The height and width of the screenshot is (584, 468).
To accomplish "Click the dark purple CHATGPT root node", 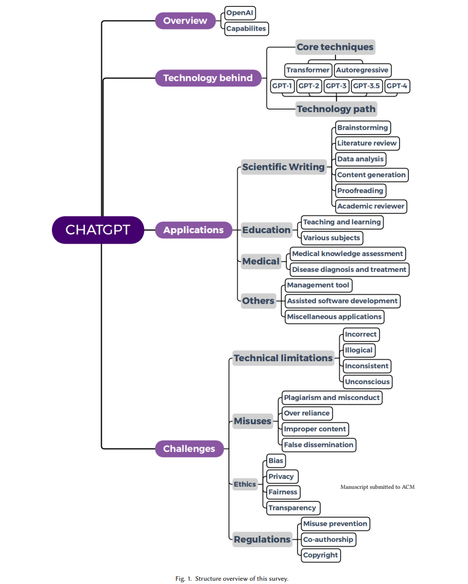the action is (98, 230).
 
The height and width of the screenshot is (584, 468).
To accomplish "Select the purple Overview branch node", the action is (185, 20).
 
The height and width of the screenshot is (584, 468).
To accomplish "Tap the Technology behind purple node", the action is (209, 78).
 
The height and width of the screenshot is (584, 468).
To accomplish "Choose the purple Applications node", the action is (193, 230).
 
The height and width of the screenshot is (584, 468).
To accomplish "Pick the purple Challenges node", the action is (189, 448).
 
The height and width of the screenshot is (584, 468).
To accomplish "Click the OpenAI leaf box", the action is (240, 13).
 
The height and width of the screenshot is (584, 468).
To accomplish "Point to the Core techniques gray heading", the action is (335, 47).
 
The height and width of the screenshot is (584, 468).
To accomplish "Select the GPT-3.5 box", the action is (367, 86).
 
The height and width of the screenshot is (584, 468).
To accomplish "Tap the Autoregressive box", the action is (362, 70).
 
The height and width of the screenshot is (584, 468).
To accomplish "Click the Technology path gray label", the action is (336, 109).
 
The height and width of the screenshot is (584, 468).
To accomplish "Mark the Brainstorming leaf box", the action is (363, 128).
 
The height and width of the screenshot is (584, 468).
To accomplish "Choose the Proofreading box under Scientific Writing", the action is (360, 190).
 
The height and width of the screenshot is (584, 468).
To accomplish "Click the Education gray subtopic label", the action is (266, 230).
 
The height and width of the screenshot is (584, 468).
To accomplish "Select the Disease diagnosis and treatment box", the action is (349, 270).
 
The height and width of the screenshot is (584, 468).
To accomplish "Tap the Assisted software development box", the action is (343, 301).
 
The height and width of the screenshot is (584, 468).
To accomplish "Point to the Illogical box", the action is (359, 350).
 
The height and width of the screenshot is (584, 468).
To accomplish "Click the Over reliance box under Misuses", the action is (307, 413).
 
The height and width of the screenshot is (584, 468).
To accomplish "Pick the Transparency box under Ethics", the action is (293, 508).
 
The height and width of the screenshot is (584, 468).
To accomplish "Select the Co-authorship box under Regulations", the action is (328, 539).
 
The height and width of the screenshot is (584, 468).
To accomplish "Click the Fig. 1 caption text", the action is (232, 579).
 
